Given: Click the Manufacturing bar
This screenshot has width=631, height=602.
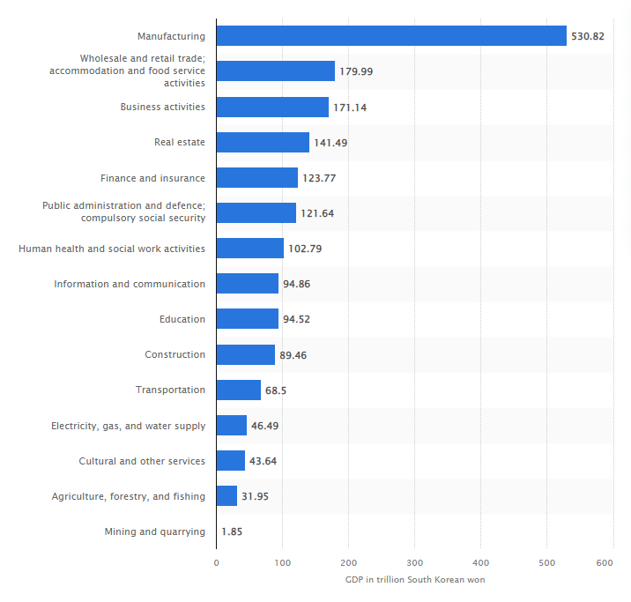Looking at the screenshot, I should click(x=391, y=36).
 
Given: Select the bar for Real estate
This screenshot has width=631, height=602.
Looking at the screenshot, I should click(x=263, y=143).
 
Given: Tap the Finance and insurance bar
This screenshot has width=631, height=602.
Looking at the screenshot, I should click(x=256, y=178).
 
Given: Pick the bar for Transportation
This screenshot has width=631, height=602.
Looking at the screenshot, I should click(x=238, y=390).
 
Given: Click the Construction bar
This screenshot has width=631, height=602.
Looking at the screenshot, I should click(x=245, y=354).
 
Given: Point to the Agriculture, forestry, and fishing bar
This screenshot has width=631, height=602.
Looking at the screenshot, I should click(x=226, y=496).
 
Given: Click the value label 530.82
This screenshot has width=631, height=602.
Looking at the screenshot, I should click(x=589, y=36).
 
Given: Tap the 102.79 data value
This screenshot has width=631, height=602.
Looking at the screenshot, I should click(x=305, y=249).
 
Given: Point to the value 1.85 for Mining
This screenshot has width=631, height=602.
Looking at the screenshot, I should click(x=233, y=531).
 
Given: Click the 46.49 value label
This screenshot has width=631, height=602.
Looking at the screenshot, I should click(x=265, y=426).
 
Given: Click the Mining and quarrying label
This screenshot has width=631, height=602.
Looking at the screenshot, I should click(x=154, y=531).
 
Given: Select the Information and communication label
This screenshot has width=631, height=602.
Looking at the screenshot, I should click(x=130, y=284).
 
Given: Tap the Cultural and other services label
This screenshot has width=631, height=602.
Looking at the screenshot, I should click(x=142, y=461).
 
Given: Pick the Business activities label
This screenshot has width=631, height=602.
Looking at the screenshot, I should click(x=162, y=108).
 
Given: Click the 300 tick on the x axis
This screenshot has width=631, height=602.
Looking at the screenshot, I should click(x=414, y=562).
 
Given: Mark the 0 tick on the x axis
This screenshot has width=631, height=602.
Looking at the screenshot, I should click(x=216, y=562).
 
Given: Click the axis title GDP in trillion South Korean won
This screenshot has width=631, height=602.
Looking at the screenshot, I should click(x=414, y=579).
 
